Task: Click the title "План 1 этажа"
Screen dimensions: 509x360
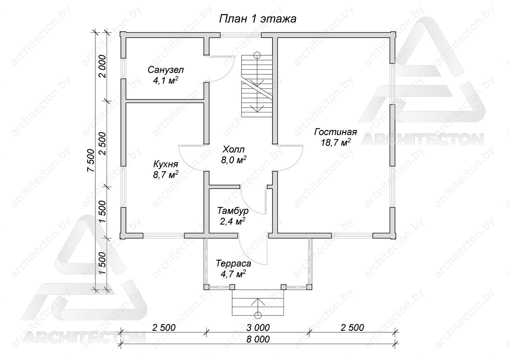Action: click(257, 19)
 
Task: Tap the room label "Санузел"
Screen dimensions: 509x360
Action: click(166, 70)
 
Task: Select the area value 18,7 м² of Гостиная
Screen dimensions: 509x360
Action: click(336, 143)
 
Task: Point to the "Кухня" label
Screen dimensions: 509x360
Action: click(166, 164)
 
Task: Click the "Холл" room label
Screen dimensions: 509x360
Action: click(234, 149)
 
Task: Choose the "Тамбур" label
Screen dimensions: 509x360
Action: click(233, 211)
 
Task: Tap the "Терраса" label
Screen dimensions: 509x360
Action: click(234, 263)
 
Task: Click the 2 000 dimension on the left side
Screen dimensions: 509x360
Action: click(103, 66)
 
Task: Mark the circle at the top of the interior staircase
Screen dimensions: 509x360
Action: click(257, 55)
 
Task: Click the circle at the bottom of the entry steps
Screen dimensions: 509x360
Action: click(257, 315)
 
